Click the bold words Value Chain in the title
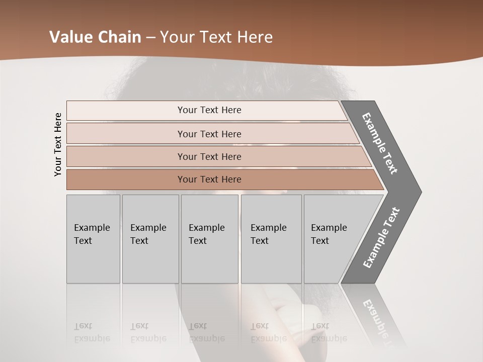[x=95, y=37]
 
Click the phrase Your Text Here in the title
[x=216, y=37]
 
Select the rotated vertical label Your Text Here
[x=58, y=144]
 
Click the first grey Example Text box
[x=93, y=239]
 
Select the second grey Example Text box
[x=150, y=239]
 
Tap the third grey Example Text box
[x=209, y=239]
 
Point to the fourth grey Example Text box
[x=271, y=239]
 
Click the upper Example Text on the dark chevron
[x=380, y=143]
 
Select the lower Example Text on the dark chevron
[x=381, y=238]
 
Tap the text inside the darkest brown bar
[x=209, y=179]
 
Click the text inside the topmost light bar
[x=209, y=110]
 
